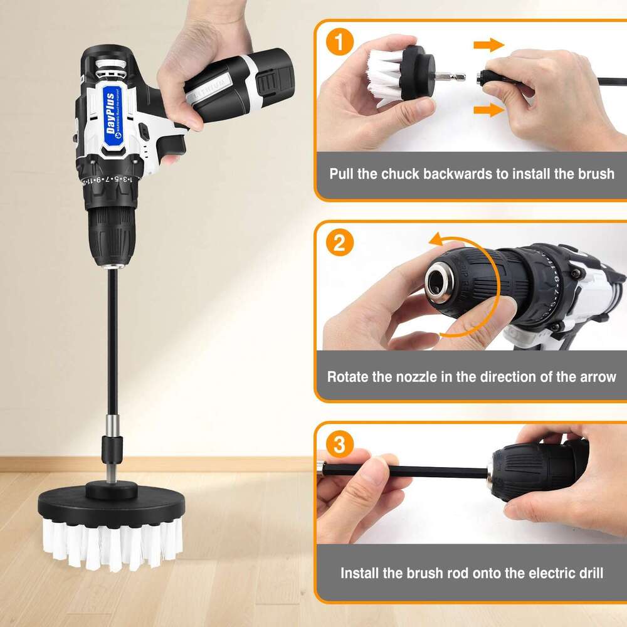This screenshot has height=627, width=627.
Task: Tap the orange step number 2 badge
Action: click(339, 243)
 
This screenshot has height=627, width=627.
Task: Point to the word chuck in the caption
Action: click(404, 174)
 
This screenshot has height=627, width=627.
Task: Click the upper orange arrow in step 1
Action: click(488, 45)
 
